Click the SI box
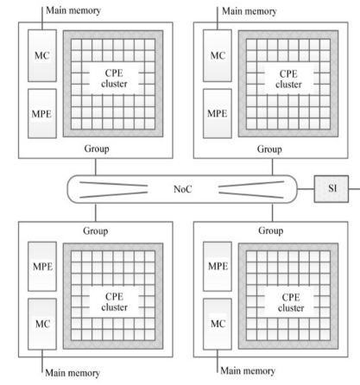point(332,189)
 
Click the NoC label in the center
point(182,189)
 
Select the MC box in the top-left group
point(42,55)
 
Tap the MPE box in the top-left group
point(42,113)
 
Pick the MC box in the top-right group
point(218,55)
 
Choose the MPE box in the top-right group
point(218,113)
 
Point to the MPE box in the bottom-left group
point(42,266)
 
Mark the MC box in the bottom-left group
point(42,324)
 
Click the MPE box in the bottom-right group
point(218,266)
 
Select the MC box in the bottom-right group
point(218,324)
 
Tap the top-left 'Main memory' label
point(73,10)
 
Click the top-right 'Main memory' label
point(249,11)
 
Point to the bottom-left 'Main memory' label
point(73,373)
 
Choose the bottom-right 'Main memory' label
point(248,370)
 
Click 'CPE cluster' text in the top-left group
point(114,79)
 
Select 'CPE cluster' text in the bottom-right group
point(291,302)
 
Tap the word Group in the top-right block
point(269,149)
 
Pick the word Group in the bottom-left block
point(96,230)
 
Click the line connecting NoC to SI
point(306,189)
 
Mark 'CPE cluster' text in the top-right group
point(288,79)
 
